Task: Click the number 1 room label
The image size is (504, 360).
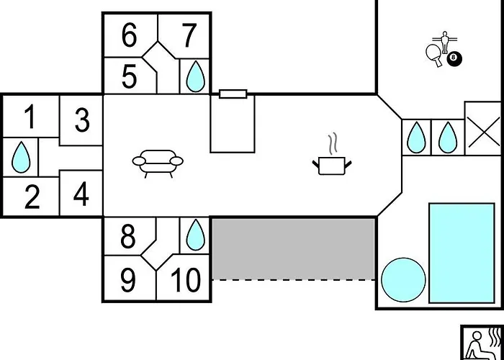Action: pyautogui.click(x=30, y=117)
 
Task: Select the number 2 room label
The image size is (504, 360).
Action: pyautogui.click(x=32, y=197)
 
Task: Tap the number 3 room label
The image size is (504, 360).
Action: pyautogui.click(x=82, y=120)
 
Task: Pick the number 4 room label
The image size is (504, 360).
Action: pyautogui.click(x=81, y=194)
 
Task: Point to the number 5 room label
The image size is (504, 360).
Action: pyautogui.click(x=129, y=76)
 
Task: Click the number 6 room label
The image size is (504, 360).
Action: pyautogui.click(x=129, y=35)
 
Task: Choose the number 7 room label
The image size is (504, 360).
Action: pyautogui.click(x=189, y=35)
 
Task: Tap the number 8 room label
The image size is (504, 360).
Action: pyautogui.click(x=128, y=237)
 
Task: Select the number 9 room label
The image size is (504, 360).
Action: pyautogui.click(x=128, y=280)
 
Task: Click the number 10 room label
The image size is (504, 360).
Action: pyautogui.click(x=186, y=280)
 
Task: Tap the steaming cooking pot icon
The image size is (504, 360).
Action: pyautogui.click(x=332, y=154)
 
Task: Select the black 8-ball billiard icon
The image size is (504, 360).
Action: pyautogui.click(x=454, y=58)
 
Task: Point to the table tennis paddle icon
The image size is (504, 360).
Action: pyautogui.click(x=434, y=55)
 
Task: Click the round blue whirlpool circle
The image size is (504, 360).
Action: pyautogui.click(x=403, y=279)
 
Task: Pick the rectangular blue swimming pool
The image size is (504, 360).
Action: pyautogui.click(x=462, y=253)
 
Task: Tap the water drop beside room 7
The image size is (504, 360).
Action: pyautogui.click(x=195, y=76)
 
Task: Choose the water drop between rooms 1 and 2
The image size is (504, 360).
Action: pyautogui.click(x=21, y=157)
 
